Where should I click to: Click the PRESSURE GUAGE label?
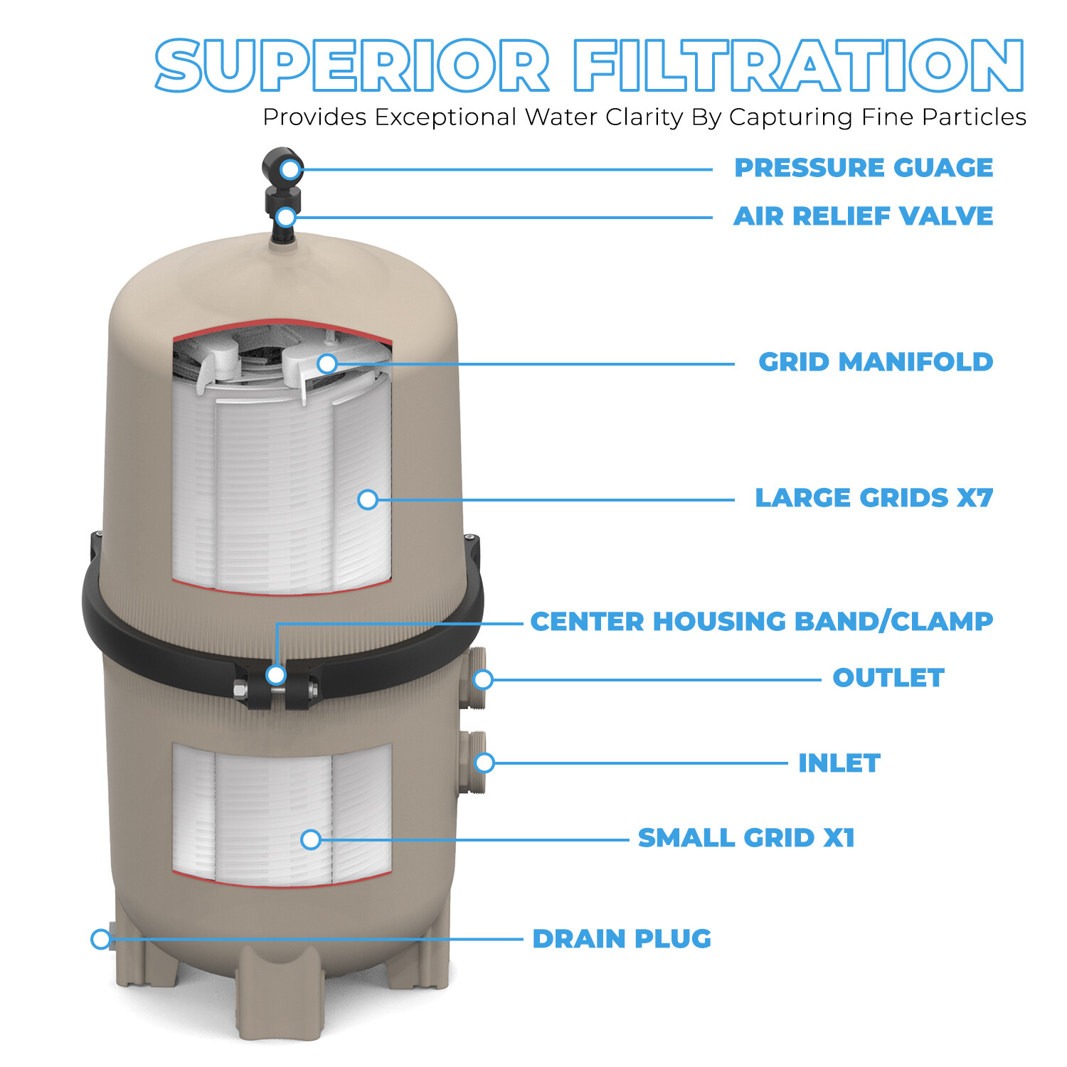(x=863, y=168)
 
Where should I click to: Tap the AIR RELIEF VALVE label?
(x=863, y=216)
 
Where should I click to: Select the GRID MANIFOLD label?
(x=875, y=362)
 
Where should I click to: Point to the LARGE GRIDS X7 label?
(x=874, y=498)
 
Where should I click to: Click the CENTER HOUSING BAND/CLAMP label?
(x=761, y=622)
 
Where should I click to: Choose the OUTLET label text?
(x=888, y=678)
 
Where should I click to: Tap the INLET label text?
(x=839, y=763)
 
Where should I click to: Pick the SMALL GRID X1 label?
(x=746, y=838)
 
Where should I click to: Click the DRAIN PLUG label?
(x=622, y=939)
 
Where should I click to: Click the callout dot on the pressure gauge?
(x=290, y=169)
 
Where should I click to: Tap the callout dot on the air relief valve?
(x=286, y=217)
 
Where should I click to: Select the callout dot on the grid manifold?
(x=327, y=363)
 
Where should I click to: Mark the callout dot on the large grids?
(x=367, y=499)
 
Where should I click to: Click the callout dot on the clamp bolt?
(x=276, y=674)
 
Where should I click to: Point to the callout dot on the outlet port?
(x=483, y=679)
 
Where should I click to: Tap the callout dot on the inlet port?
(x=484, y=763)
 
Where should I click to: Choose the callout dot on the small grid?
(x=310, y=839)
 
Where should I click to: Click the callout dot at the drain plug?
(x=101, y=939)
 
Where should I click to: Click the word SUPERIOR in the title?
(x=352, y=65)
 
